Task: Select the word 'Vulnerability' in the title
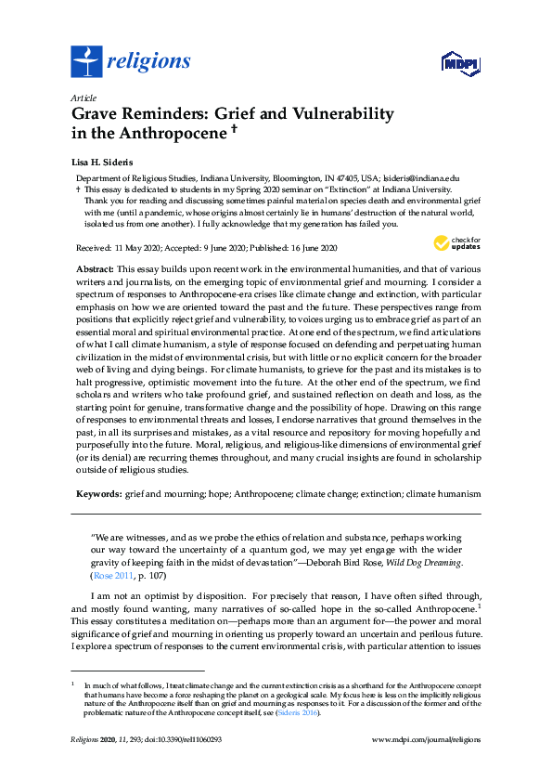click(x=337, y=114)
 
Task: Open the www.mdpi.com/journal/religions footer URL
click(x=426, y=740)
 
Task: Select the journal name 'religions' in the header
click(x=148, y=62)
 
